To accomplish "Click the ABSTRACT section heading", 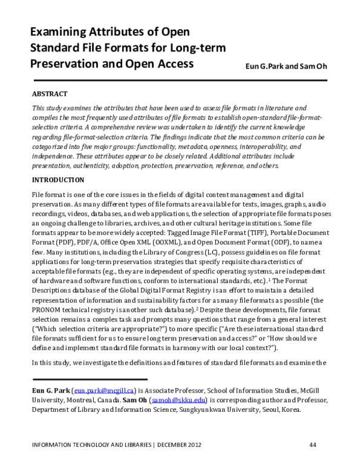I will [50, 94].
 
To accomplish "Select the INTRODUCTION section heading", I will [57, 180].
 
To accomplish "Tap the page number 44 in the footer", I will [313, 445].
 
